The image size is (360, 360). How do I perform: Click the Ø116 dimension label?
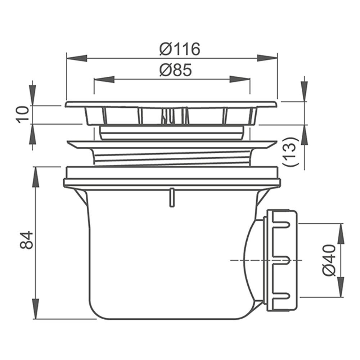pyautogui.click(x=180, y=49)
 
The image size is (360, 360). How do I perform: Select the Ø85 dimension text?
pyautogui.click(x=176, y=70)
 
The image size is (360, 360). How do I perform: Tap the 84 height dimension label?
pyautogui.click(x=26, y=240)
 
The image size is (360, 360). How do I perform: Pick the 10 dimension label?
pyautogui.click(x=24, y=114)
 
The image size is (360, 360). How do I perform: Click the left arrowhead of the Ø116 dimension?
pyautogui.click(x=77, y=58)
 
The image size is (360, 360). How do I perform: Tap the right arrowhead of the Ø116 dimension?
pyautogui.click(x=267, y=58)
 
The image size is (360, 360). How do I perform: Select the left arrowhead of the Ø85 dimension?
pyautogui.click(x=104, y=79)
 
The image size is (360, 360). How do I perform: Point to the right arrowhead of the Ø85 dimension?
pyautogui.click(x=240, y=79)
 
